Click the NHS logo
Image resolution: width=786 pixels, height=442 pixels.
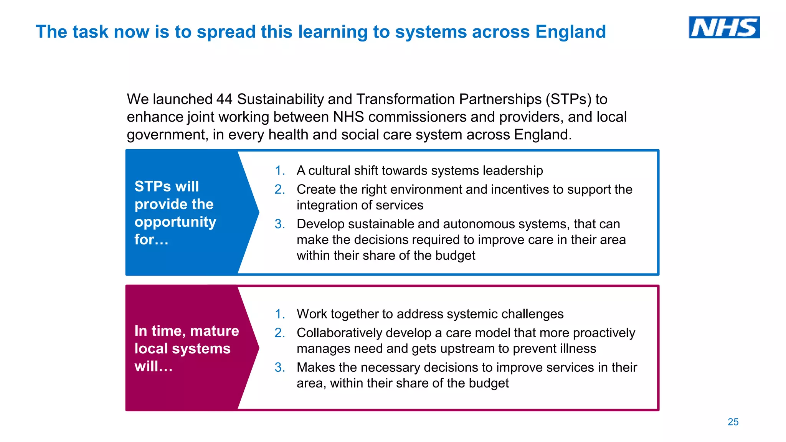(x=724, y=27)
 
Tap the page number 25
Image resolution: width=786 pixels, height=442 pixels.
(x=733, y=422)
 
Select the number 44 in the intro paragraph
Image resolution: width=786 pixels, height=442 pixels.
(x=224, y=99)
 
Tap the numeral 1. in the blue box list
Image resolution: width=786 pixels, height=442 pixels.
(x=280, y=171)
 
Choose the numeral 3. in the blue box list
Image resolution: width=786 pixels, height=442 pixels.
(x=280, y=224)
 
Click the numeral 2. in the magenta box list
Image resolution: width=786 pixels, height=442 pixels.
(x=280, y=333)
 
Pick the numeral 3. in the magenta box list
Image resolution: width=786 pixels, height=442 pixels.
(x=280, y=368)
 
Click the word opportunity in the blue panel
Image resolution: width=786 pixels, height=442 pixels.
(x=175, y=222)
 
